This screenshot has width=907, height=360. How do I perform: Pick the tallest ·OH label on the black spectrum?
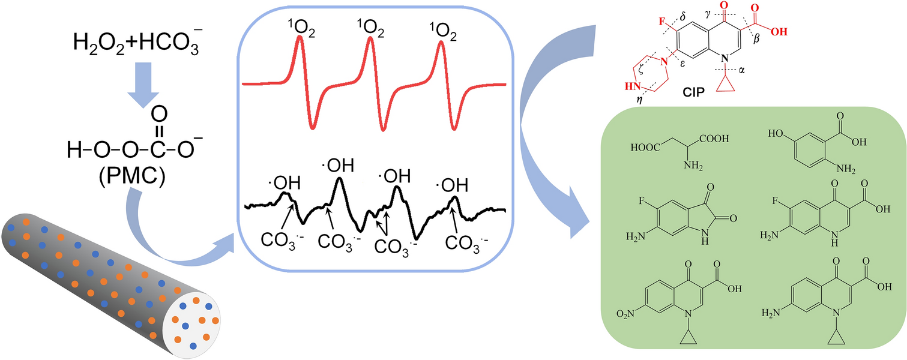tap(338, 165)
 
